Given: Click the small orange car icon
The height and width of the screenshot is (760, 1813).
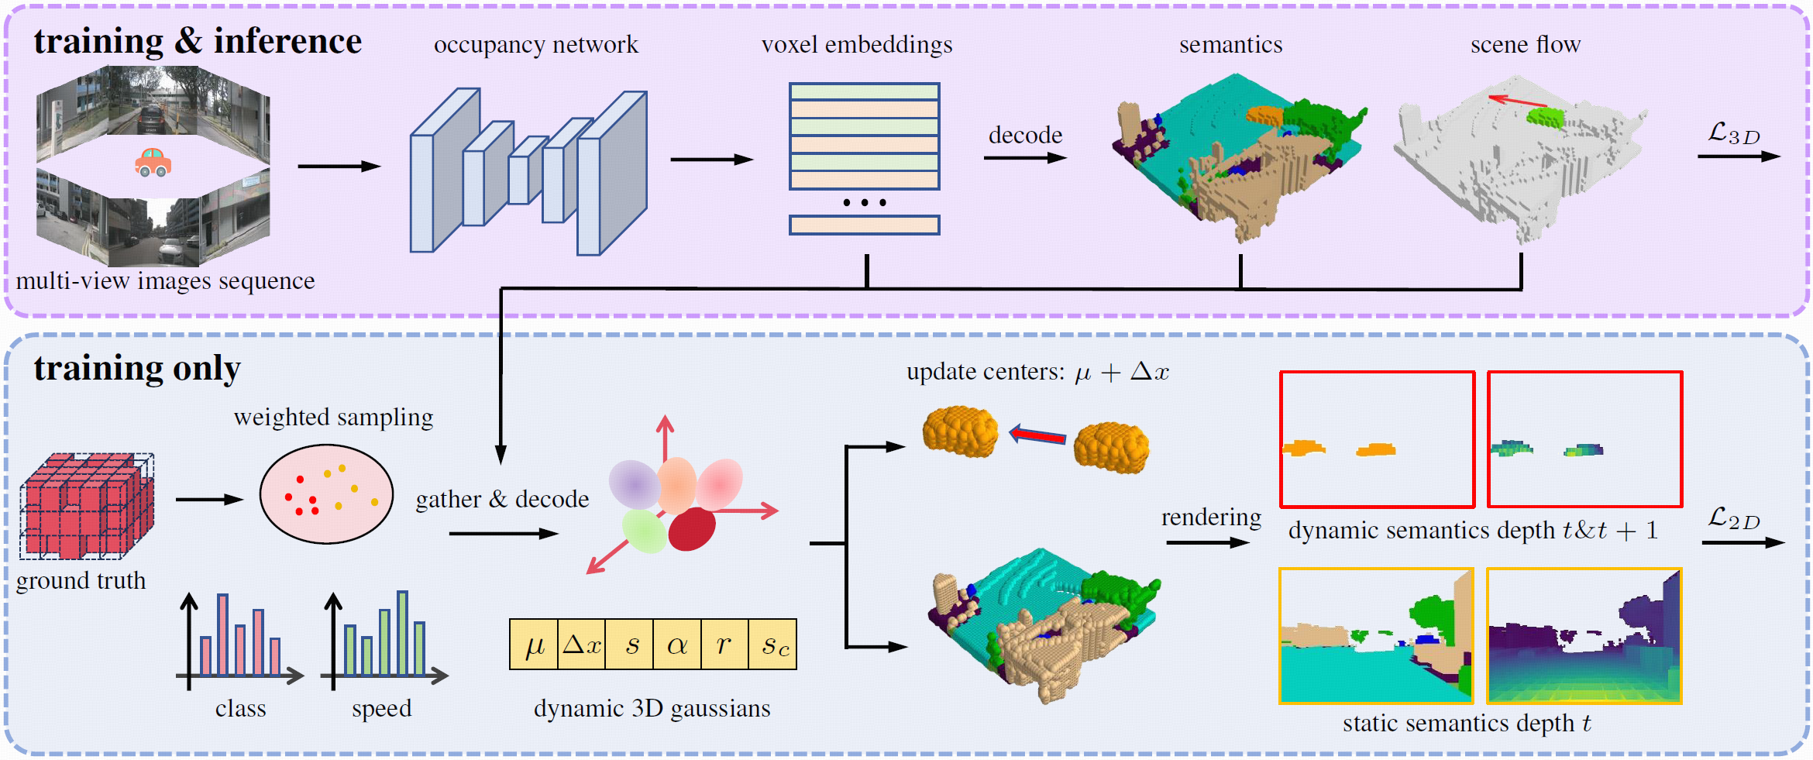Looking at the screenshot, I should (153, 162).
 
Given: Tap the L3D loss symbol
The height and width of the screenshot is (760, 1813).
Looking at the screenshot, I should (1734, 134).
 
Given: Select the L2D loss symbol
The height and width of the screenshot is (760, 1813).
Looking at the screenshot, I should (1734, 518).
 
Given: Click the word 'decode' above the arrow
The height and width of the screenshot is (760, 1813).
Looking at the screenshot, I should (1025, 136).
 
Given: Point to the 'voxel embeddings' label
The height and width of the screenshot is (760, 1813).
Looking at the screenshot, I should (857, 45).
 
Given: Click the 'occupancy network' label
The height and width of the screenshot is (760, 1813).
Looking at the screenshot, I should (535, 45).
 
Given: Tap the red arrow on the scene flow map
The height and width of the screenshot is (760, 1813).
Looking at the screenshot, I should (1517, 101).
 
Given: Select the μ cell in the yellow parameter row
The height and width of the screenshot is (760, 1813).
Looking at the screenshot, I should (534, 645).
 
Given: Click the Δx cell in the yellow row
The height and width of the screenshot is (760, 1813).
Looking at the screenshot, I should (582, 645).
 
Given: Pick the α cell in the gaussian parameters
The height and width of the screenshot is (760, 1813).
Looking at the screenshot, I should (677, 645).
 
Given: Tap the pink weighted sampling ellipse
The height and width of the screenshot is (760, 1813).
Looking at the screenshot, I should (326, 493).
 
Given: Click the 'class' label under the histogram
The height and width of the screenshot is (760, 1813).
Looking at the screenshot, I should (240, 709).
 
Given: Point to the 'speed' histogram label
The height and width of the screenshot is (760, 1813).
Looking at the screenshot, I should (381, 709).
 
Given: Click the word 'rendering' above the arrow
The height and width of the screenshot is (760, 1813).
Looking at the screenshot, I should (1211, 518).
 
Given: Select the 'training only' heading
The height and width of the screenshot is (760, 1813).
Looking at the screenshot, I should (137, 369).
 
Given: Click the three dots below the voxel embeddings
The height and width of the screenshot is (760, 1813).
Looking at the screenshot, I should (864, 203).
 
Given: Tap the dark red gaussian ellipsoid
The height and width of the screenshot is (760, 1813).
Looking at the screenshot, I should (691, 529).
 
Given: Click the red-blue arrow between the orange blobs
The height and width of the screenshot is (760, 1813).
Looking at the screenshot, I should (1037, 435).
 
